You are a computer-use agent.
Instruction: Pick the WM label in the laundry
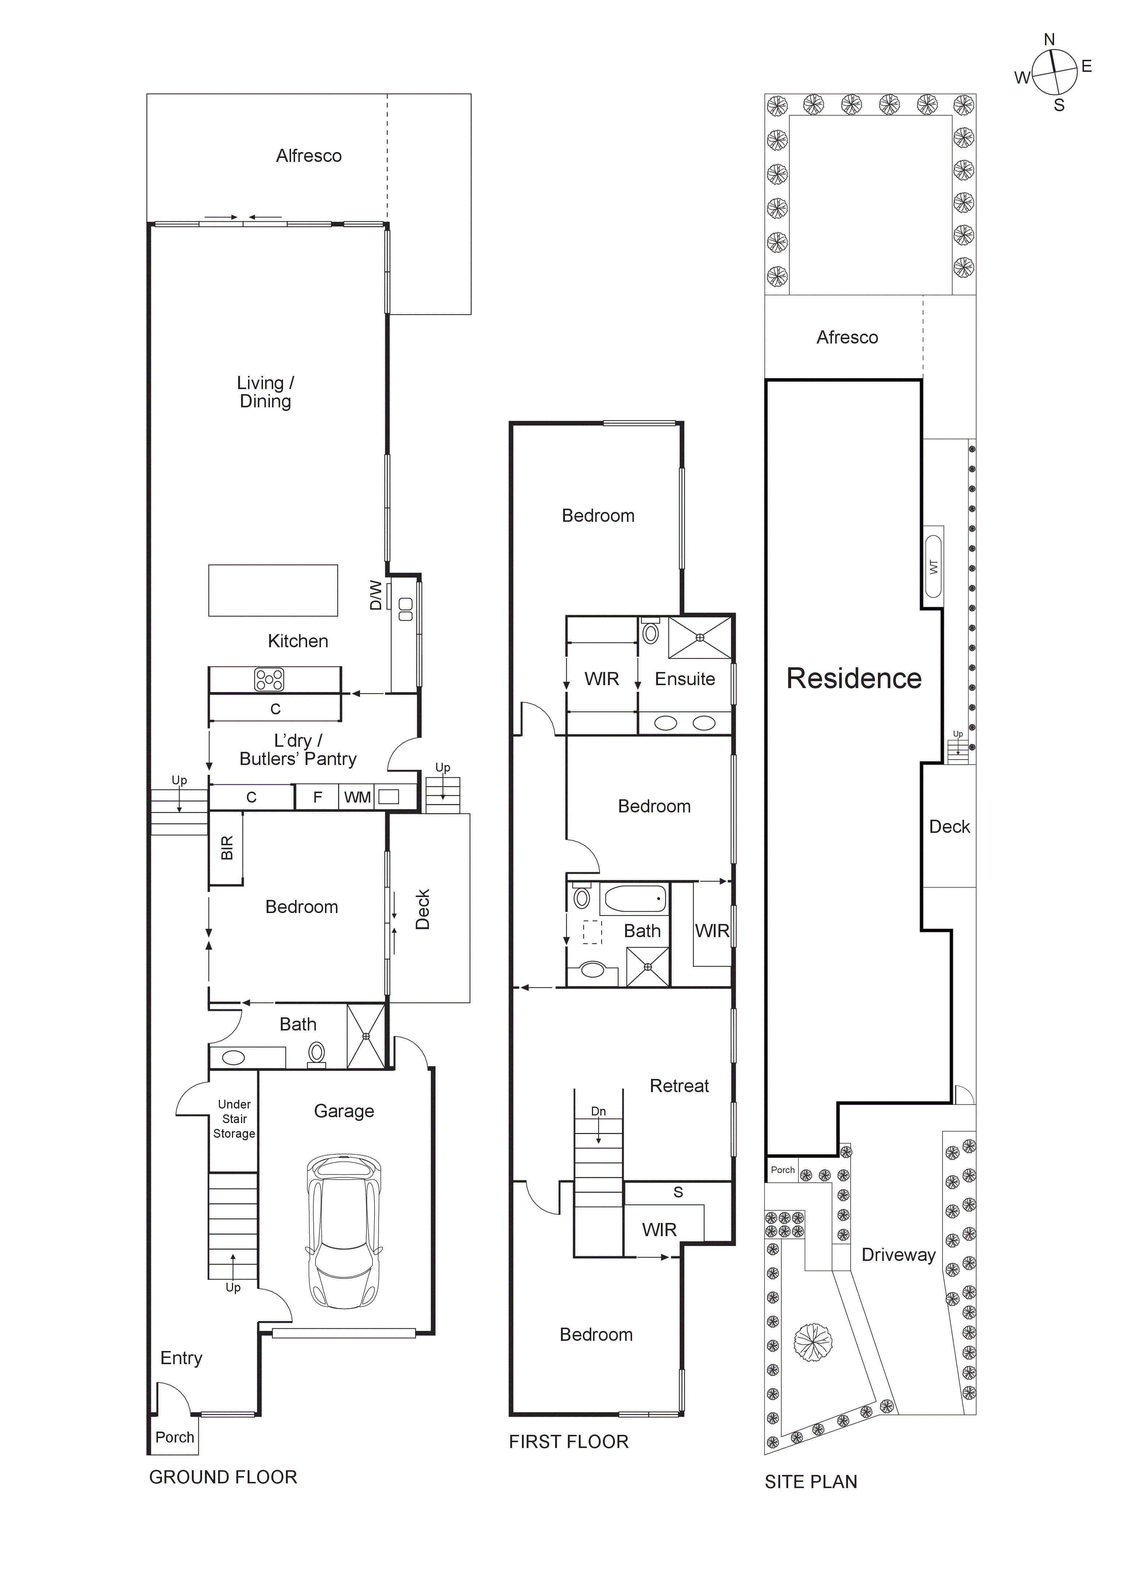(x=357, y=797)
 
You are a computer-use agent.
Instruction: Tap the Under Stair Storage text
(x=234, y=1119)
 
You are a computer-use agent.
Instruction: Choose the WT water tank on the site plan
(x=933, y=567)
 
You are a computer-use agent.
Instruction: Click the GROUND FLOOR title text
(x=223, y=1478)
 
